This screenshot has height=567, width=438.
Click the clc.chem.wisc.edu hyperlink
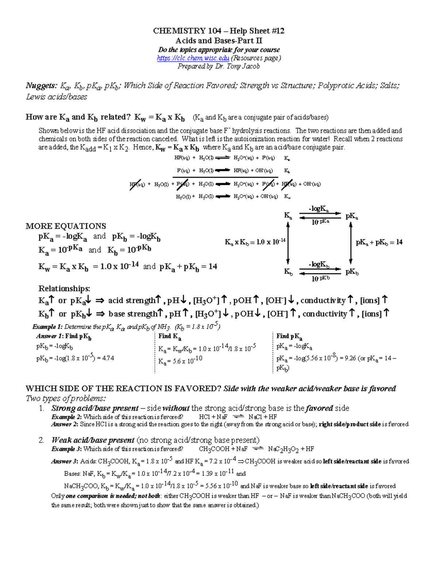coord(193,58)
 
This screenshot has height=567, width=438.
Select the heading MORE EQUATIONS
coord(66,226)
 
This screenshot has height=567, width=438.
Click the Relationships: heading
coord(64,288)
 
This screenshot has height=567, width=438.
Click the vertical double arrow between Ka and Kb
coord(288,243)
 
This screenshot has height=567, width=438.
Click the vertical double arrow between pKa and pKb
coord(351,243)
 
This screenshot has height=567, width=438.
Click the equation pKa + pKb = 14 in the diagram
coord(379,242)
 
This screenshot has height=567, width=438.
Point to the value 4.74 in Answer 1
coord(108,358)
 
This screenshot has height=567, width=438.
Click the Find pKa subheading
coord(289,336)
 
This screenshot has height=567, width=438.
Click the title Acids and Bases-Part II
coord(219,41)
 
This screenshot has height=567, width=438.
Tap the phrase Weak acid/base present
coord(93,440)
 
